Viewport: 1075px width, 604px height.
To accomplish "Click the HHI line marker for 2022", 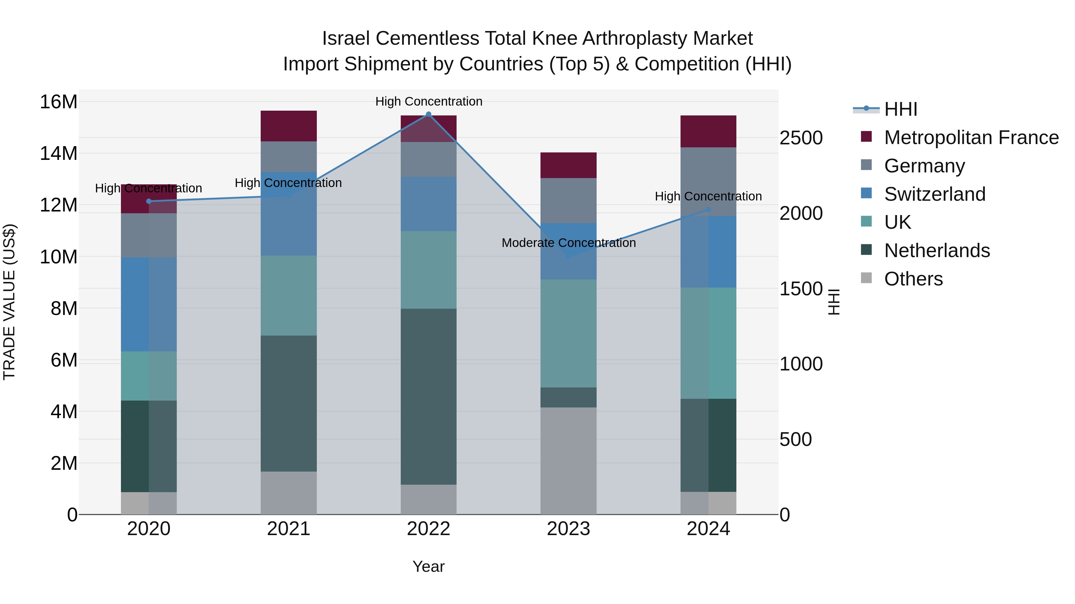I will click(x=428, y=114).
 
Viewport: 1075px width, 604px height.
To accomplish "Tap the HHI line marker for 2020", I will click(x=149, y=201).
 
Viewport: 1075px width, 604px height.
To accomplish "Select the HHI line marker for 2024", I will click(x=708, y=210).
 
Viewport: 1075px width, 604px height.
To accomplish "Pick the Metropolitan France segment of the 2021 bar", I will click(x=288, y=126).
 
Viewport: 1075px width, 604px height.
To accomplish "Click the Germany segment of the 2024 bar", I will click(x=708, y=181).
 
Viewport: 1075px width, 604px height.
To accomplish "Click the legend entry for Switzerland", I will click(x=934, y=194).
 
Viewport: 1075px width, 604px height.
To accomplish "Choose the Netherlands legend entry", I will click(x=937, y=251).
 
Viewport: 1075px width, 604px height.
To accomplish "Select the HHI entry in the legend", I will click(x=901, y=109).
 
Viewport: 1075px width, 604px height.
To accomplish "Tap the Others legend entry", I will click(x=913, y=279).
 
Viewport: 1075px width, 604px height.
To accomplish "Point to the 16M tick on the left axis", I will click(x=59, y=102).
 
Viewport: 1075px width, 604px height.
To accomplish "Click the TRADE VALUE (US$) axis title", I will click(x=9, y=302).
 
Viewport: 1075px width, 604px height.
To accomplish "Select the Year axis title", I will click(x=428, y=567).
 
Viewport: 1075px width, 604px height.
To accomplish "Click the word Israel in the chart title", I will click(x=345, y=39).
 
